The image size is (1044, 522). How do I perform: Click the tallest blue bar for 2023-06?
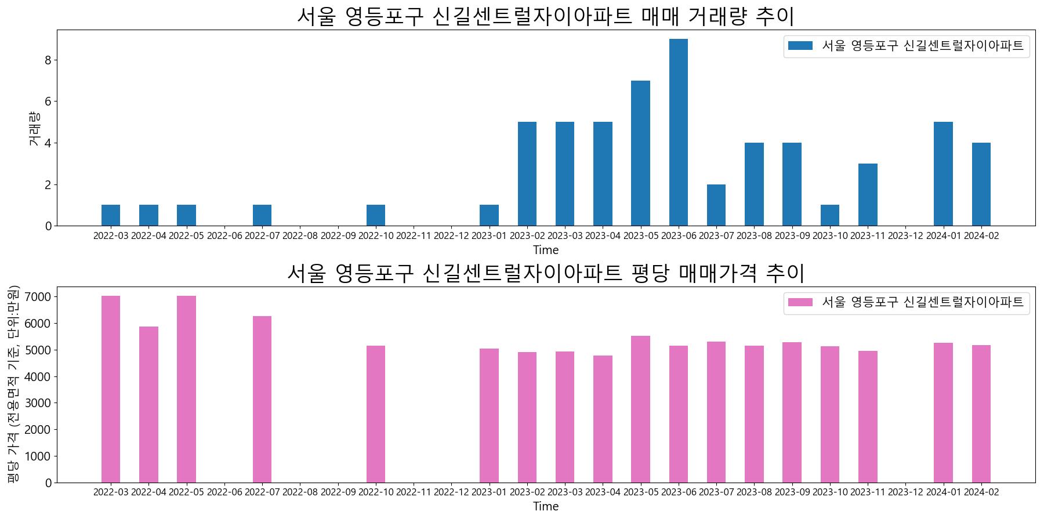coord(679,132)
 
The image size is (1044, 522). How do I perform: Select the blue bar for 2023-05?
coord(640,153)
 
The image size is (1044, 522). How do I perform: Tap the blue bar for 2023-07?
coord(716,205)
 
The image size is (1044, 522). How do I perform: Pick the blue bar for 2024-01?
coord(943,174)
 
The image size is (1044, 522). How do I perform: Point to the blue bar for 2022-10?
coord(376,215)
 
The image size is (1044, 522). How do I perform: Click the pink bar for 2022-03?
coord(111,389)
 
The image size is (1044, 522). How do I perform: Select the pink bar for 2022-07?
coord(262,399)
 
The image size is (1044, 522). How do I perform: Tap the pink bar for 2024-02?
coord(981,414)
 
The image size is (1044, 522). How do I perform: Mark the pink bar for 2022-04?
coord(148,404)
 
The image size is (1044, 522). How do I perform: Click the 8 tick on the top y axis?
coord(48,60)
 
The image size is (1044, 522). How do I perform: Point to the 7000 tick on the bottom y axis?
coord(39,297)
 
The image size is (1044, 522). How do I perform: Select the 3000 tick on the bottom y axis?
coord(39,403)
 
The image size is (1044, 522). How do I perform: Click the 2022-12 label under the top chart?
coord(451,236)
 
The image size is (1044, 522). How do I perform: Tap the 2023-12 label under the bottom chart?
coord(905,492)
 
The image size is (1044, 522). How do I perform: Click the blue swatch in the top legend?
coord(800,46)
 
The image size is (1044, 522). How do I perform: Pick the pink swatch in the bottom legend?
coord(800,302)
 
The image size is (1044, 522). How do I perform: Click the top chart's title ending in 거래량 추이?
coord(545,16)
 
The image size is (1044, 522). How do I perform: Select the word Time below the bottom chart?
coord(546,506)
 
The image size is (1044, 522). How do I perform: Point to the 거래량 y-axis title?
coord(34,128)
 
